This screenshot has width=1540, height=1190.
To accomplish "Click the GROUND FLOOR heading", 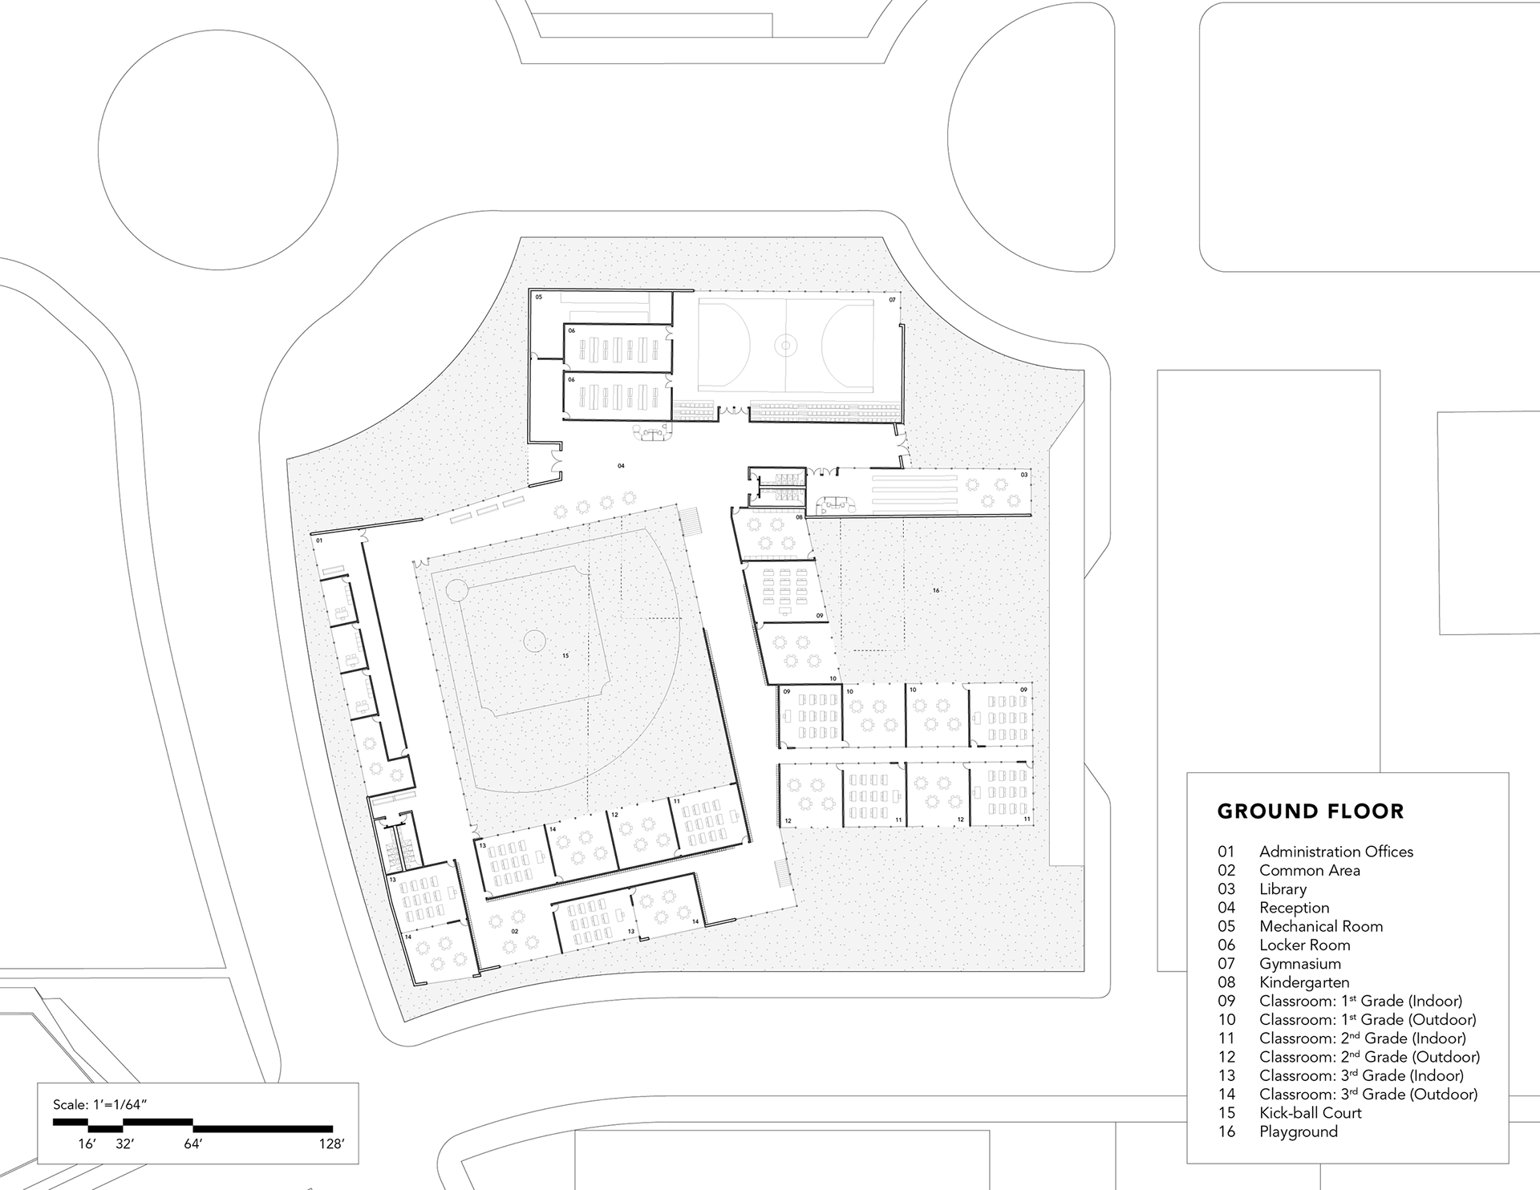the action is point(1311,812).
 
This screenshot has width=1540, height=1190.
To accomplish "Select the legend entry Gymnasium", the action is point(1299,964).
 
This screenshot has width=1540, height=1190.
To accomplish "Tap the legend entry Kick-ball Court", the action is point(1310,1113).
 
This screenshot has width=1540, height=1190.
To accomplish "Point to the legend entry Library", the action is point(1283,889).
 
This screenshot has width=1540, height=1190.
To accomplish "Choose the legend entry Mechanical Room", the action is point(1320,926).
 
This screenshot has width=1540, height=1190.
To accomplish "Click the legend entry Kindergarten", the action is point(1303,982).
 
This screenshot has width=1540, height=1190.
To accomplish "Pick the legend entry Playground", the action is point(1298,1131).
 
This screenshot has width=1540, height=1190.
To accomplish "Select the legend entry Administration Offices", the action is point(1335,852).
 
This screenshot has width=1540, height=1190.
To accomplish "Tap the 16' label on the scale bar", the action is point(87,1144).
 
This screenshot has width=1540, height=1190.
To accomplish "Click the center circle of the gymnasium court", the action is point(785,346).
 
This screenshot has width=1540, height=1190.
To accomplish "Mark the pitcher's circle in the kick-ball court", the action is point(534,640).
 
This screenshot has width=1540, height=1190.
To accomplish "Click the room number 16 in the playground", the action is point(935,590).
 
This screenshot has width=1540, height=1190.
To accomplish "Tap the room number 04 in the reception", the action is point(621,466).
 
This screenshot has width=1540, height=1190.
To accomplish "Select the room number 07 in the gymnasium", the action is point(891,300).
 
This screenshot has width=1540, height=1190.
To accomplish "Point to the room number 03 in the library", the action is point(1023,475).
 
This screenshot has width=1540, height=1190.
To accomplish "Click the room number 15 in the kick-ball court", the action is point(565,656).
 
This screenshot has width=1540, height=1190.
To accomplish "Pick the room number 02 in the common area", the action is point(514,932).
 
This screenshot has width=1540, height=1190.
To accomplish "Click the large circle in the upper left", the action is point(217,150).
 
